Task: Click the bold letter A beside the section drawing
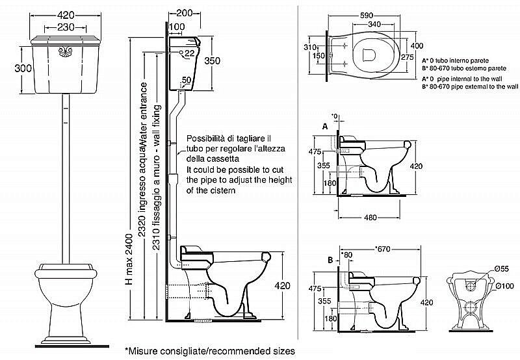coord(324,127)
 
